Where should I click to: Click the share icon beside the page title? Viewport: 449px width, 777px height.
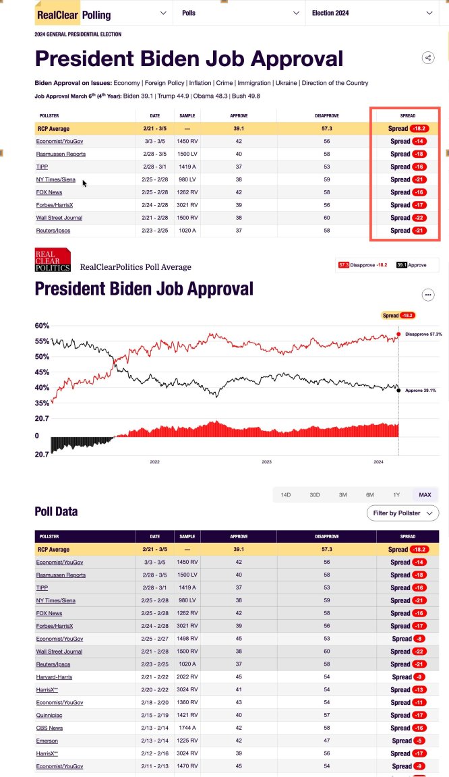(x=427, y=58)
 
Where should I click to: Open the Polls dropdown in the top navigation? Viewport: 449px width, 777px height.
(x=240, y=13)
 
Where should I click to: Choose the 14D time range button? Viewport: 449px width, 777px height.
(x=286, y=495)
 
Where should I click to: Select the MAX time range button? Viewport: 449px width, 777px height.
(x=425, y=495)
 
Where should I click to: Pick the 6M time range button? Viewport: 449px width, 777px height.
(x=370, y=495)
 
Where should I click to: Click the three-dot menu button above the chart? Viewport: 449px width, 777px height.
(x=427, y=295)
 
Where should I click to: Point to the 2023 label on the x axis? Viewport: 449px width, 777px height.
(x=266, y=462)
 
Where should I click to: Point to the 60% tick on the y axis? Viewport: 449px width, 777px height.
(x=42, y=325)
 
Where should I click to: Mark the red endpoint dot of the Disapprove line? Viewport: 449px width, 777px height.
(x=398, y=334)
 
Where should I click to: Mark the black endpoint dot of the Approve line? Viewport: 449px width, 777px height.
(x=398, y=390)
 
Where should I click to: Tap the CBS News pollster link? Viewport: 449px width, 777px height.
(x=50, y=728)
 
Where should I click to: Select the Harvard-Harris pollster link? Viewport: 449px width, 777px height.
(x=54, y=677)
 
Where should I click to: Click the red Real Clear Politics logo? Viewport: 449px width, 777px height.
(x=53, y=260)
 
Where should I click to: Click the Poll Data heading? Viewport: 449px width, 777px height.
(x=56, y=511)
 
